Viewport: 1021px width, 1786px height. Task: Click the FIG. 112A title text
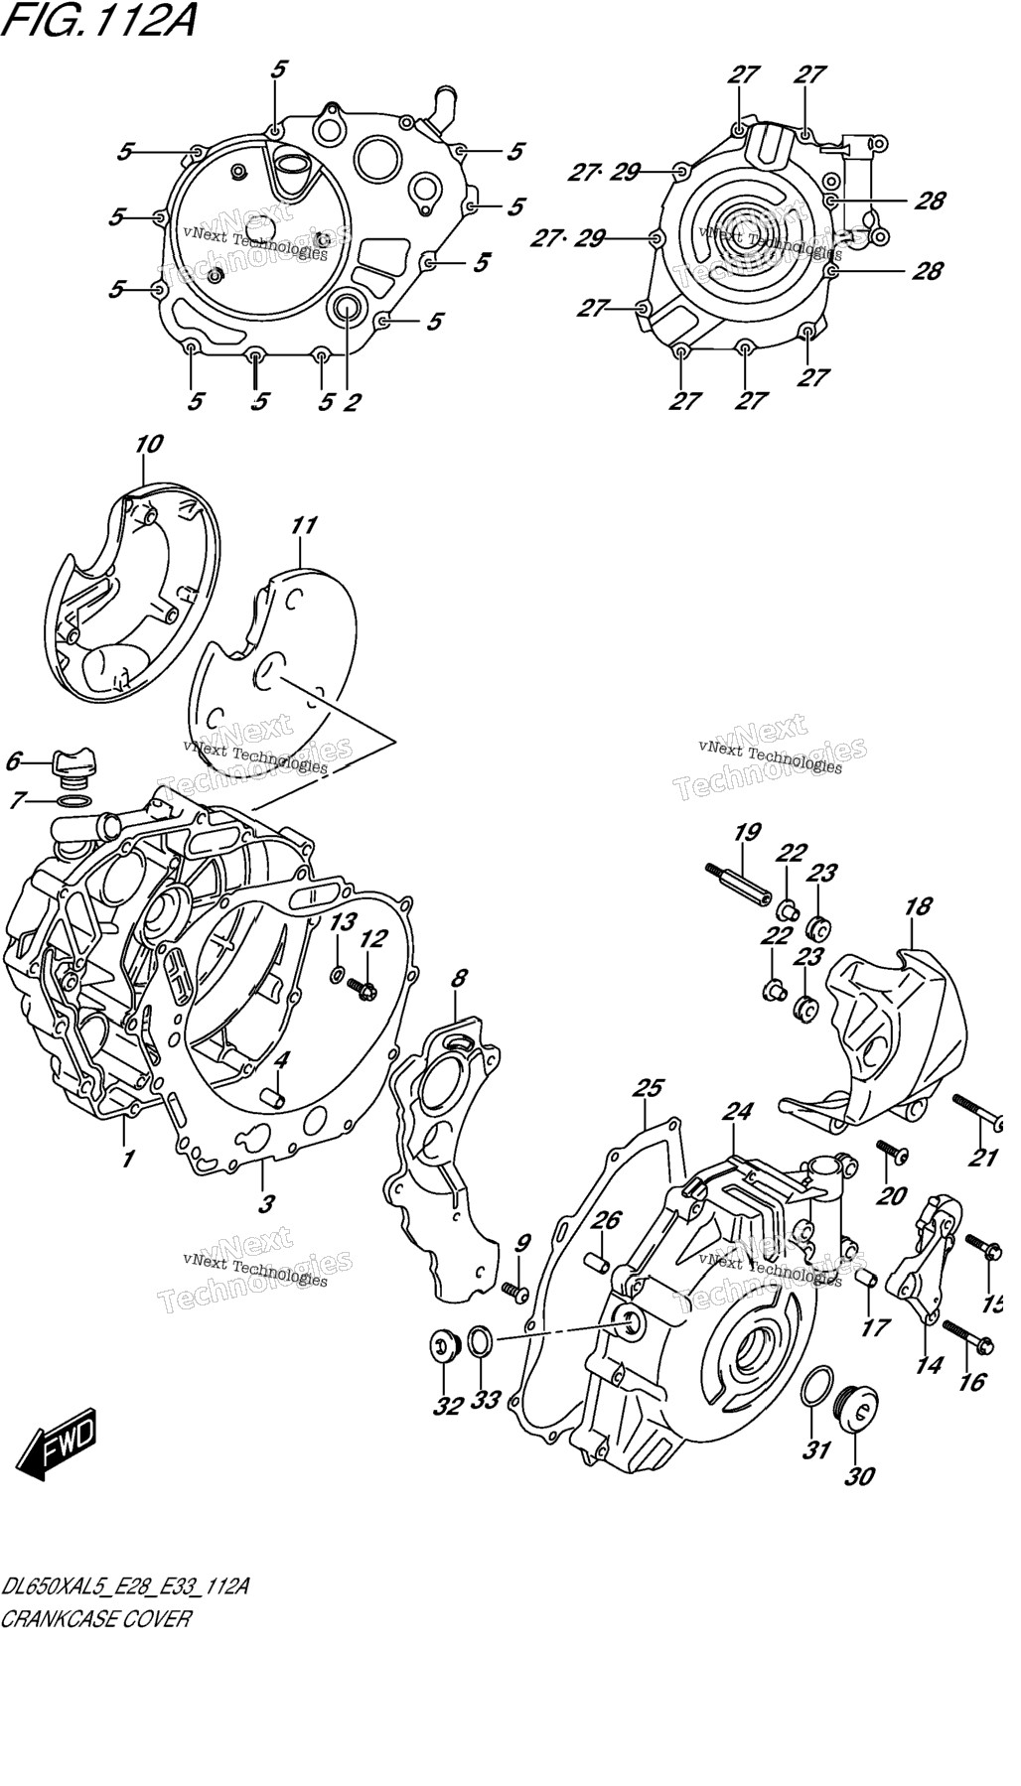98,19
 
